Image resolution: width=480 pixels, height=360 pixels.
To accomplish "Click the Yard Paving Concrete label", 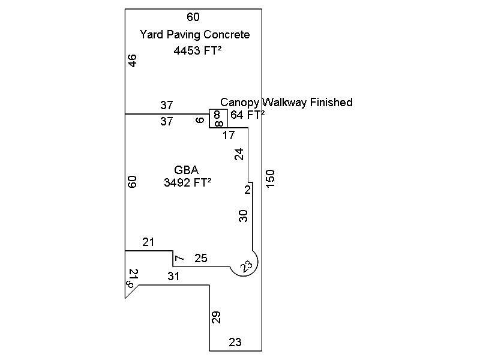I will coord(194,35).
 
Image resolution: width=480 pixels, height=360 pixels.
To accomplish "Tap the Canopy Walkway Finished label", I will coord(286,103).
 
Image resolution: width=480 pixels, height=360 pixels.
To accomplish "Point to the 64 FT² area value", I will coord(247,115).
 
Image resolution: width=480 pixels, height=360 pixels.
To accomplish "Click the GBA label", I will coord(187,170).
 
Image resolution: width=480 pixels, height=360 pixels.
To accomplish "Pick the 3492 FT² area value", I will coord(187,183).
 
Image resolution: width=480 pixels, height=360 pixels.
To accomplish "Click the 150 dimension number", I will coord(270,178).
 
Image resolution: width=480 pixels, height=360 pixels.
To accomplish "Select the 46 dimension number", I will coord(133,61).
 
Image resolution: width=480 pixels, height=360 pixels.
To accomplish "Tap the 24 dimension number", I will coord(239,154).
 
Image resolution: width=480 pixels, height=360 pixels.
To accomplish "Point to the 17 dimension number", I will coord(228,136).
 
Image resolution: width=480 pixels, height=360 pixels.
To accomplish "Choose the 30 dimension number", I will coord(244,216).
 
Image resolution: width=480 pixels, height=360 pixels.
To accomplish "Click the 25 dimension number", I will coord(201,259).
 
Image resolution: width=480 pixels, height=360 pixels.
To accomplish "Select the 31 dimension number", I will coord(173,277).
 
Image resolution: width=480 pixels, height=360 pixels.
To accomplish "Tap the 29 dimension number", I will coord(216,318).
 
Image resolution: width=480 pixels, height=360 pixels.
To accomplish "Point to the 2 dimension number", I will coord(247,190).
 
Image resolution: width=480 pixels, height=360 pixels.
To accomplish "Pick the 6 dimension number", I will coord(200,120).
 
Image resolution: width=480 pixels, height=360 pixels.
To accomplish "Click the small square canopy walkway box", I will coord(218,119).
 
